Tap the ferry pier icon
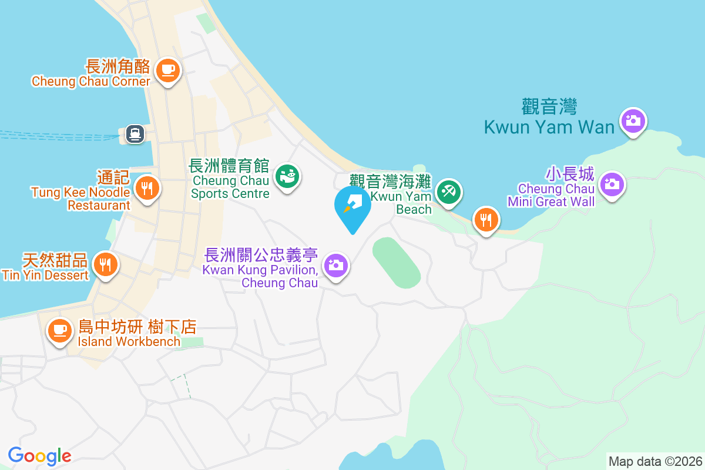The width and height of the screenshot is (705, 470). tap(135, 134)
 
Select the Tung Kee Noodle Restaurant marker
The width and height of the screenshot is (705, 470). tap(147, 188)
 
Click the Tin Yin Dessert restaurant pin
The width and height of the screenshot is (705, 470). tap(105, 264)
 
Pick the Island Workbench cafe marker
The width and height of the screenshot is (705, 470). tap(59, 329)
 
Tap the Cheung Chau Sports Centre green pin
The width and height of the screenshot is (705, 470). tap(288, 176)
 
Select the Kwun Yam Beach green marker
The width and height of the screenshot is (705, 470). tap(449, 192)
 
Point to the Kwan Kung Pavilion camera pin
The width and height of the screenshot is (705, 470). tap(335, 266)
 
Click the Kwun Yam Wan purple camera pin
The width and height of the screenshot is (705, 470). tap(633, 121)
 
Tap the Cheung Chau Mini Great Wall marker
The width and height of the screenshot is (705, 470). tap(612, 184)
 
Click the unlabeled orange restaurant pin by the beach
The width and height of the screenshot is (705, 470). tap(486, 220)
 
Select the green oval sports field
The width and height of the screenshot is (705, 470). tap(397, 263)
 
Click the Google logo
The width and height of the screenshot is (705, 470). tap(39, 456)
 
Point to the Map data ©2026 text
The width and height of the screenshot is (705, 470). tap(655, 461)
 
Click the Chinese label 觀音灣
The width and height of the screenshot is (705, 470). tap(549, 107)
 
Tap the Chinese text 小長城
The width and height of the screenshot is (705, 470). tap(570, 174)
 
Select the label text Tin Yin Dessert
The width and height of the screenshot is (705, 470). tap(45, 275)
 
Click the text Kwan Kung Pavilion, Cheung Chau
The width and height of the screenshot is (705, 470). tap(260, 277)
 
